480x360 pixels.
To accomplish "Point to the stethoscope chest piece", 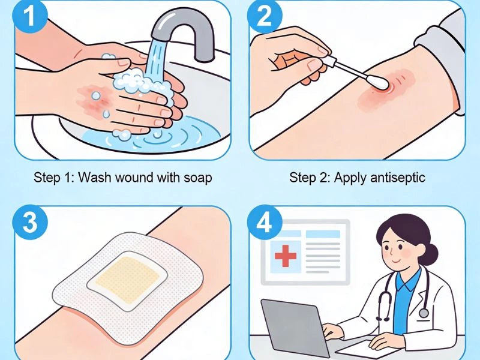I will click(424, 313).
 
